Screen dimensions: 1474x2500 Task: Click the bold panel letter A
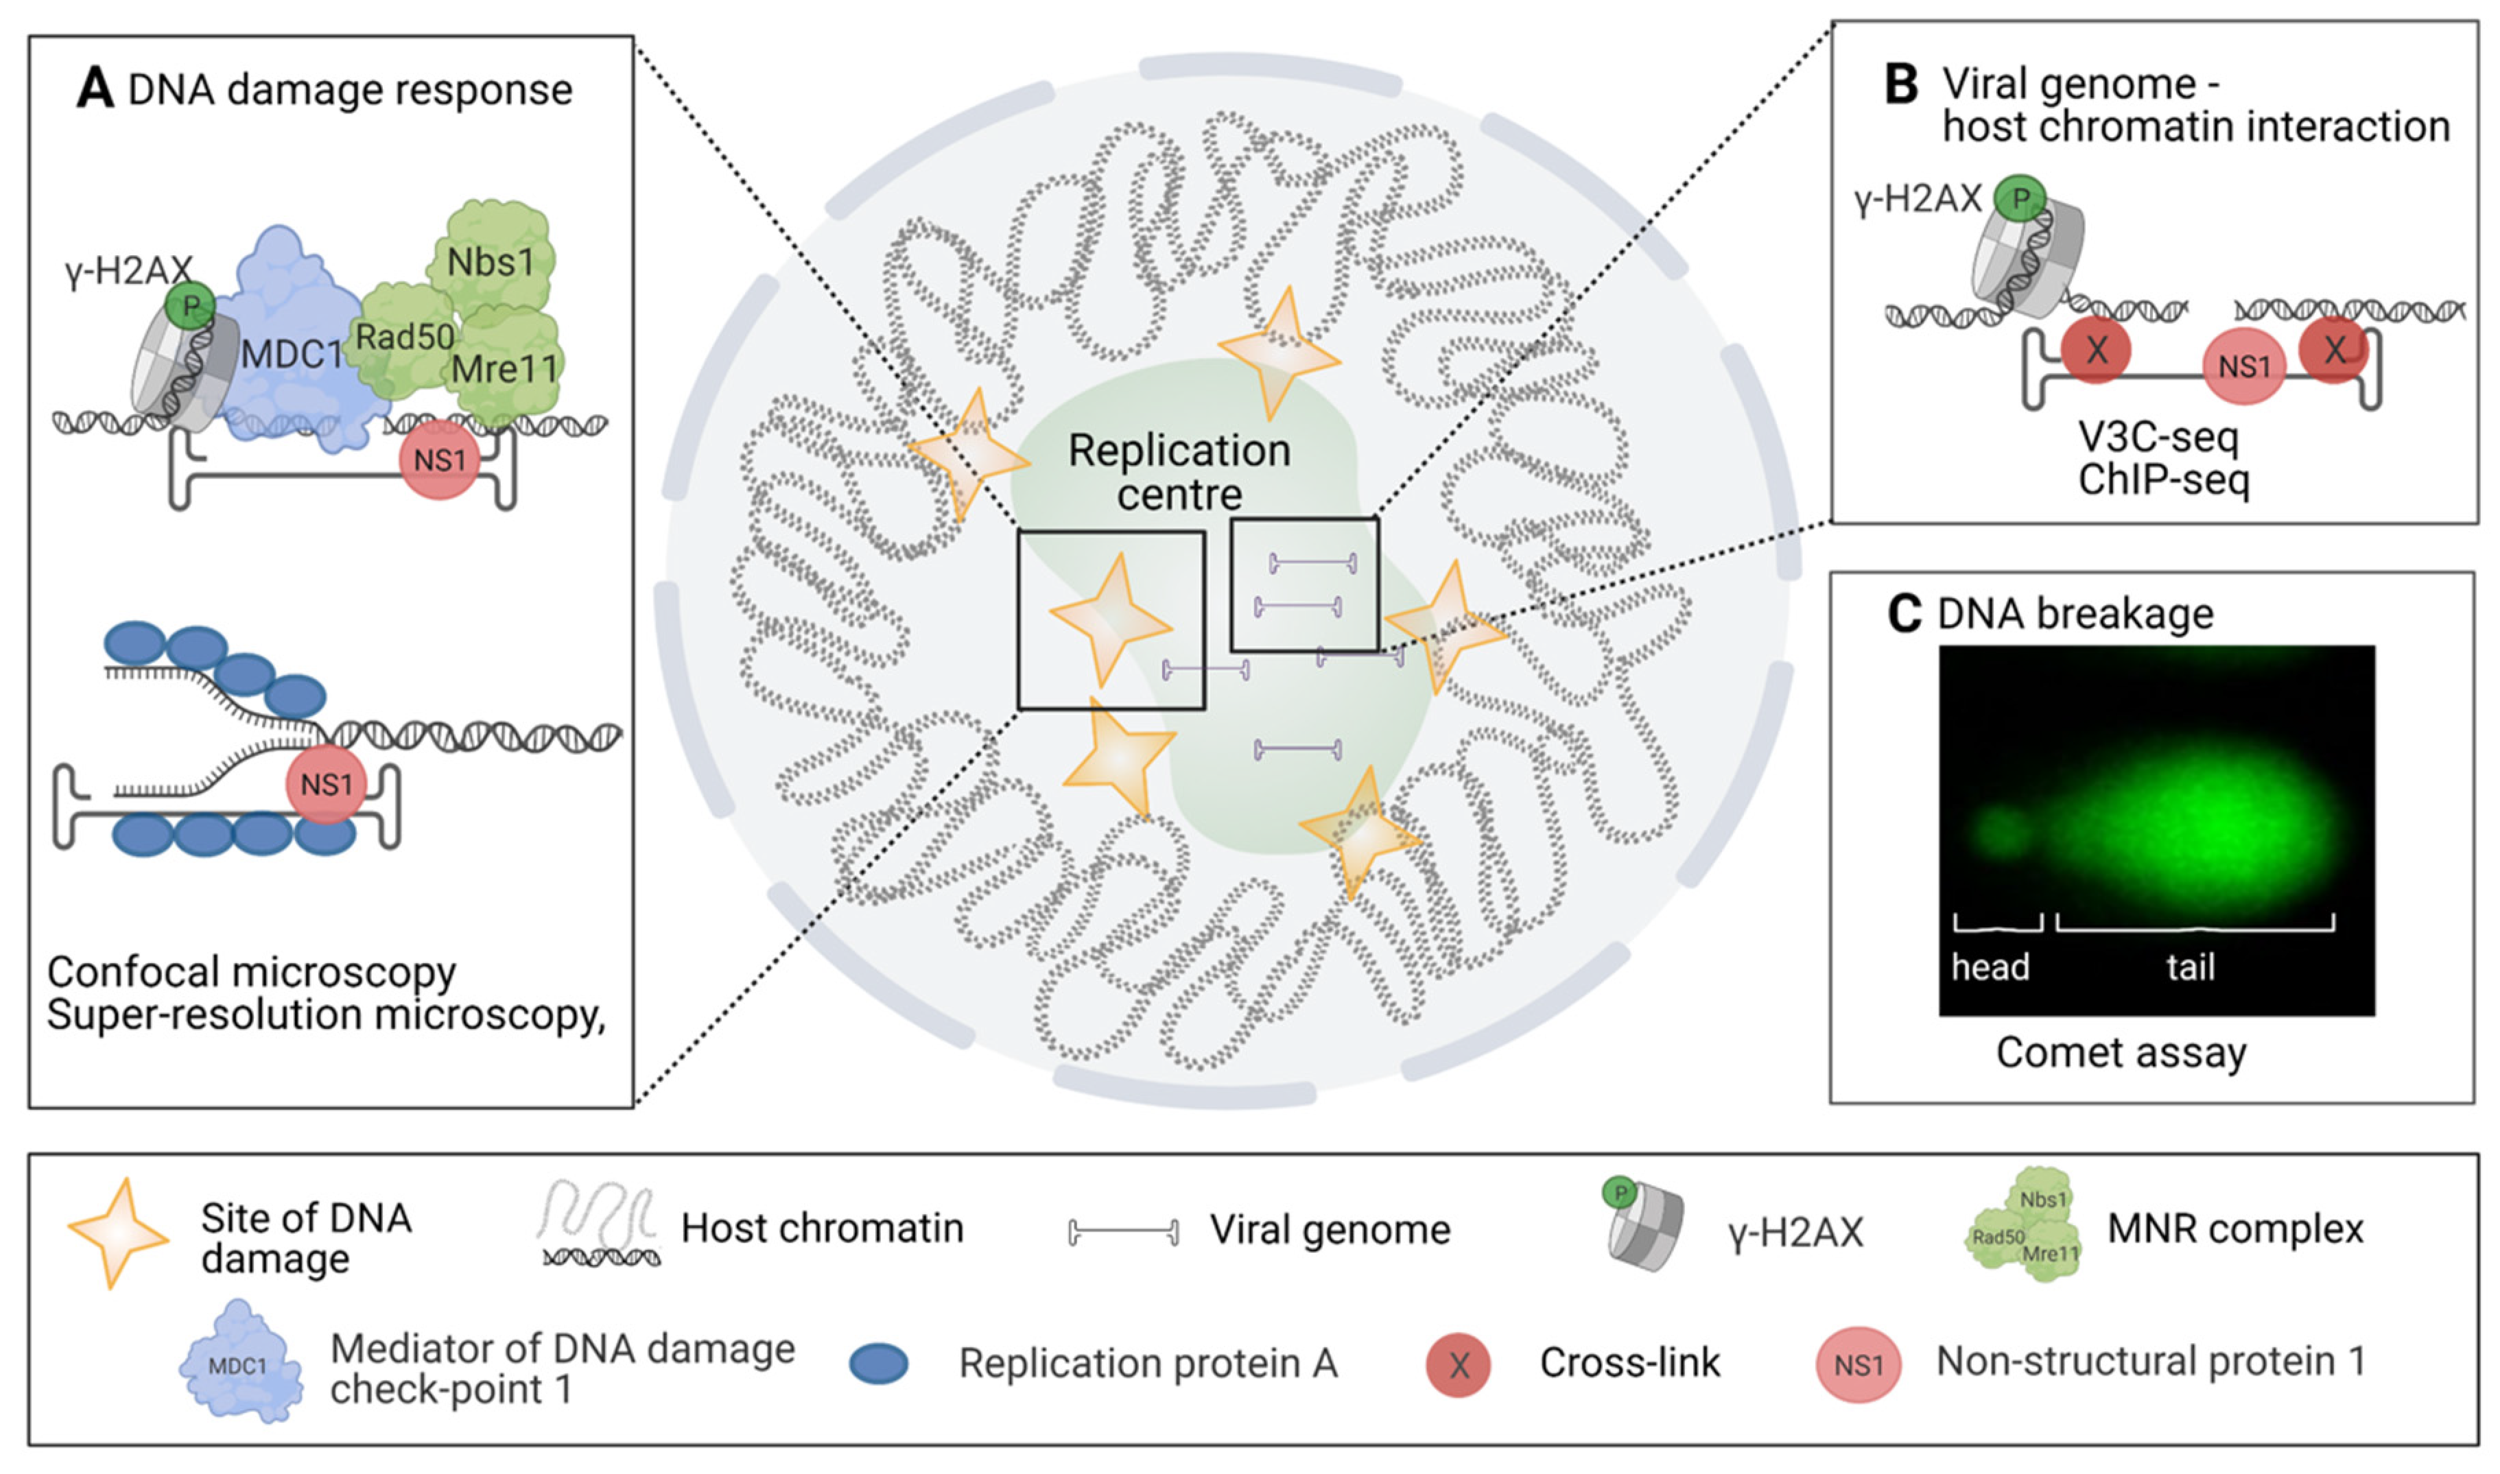click(95, 88)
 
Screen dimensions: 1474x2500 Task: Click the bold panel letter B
click(1900, 86)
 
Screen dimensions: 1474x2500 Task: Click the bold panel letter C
click(1904, 614)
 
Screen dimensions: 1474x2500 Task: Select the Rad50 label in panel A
click(404, 337)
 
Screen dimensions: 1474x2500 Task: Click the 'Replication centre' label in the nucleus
click(1179, 472)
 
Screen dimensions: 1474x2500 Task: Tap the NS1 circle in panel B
click(2243, 366)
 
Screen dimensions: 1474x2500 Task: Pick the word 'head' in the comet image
click(1990, 966)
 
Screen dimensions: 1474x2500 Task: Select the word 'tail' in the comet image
click(2190, 966)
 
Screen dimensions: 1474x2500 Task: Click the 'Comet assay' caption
click(2121, 1052)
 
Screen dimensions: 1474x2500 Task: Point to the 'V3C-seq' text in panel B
click(2158, 436)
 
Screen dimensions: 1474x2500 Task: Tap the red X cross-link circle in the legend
click(1458, 1365)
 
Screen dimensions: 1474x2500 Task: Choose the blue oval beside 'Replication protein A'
click(879, 1364)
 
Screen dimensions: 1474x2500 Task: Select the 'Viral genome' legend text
click(1329, 1230)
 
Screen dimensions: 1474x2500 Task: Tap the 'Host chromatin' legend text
click(821, 1228)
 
